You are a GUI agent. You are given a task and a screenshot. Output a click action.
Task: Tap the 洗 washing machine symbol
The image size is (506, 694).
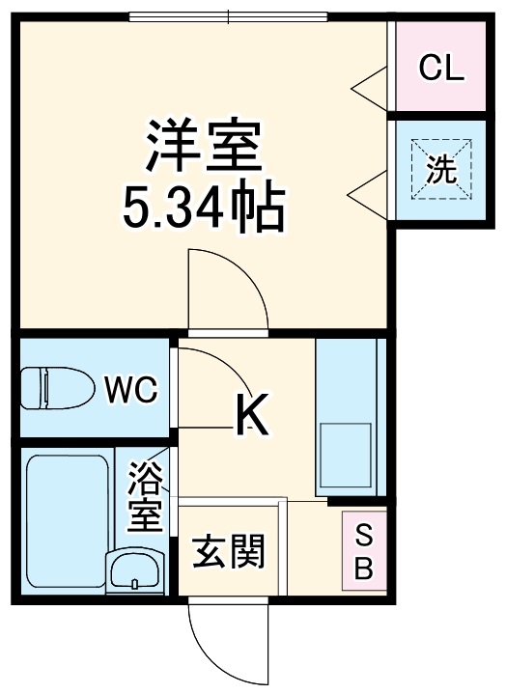pos(441,170)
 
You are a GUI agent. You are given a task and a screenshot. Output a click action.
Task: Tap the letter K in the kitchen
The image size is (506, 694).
pos(252,414)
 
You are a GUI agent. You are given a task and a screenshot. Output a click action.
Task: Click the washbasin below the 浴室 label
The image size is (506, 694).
pos(134,570)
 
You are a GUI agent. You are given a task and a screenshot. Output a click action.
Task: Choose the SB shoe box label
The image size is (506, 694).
pos(363,550)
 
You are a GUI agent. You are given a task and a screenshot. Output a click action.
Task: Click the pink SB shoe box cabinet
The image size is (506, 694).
pos(364,551)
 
